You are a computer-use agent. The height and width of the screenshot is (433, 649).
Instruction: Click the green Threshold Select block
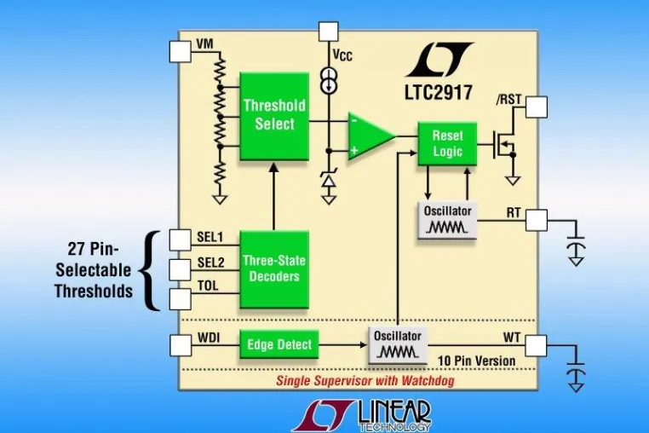(274, 116)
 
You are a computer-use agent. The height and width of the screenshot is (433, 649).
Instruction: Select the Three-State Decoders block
(274, 268)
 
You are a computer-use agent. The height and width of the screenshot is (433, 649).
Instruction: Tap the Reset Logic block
(447, 143)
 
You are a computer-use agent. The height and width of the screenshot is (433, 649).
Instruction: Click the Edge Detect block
(279, 344)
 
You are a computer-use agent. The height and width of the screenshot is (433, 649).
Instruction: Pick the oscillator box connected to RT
(447, 220)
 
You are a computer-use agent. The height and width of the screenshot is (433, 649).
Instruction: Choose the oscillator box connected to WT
(398, 345)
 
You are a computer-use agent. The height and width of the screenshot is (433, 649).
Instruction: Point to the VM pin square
(181, 51)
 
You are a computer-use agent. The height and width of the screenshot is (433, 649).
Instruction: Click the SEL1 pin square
(181, 240)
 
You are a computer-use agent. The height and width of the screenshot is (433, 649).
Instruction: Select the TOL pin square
(181, 299)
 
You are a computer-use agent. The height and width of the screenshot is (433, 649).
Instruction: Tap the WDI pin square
(181, 345)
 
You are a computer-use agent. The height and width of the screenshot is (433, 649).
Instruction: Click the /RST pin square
(537, 107)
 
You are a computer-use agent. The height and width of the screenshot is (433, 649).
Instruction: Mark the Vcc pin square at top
(329, 32)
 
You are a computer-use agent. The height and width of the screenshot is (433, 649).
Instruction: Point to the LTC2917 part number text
(439, 92)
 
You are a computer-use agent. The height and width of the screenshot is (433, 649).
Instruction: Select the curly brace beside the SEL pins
(150, 270)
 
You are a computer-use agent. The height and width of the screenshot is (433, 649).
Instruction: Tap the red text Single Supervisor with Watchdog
(365, 380)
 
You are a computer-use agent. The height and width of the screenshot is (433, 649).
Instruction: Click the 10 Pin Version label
(476, 361)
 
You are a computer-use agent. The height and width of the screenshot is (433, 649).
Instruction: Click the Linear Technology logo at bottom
(362, 416)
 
